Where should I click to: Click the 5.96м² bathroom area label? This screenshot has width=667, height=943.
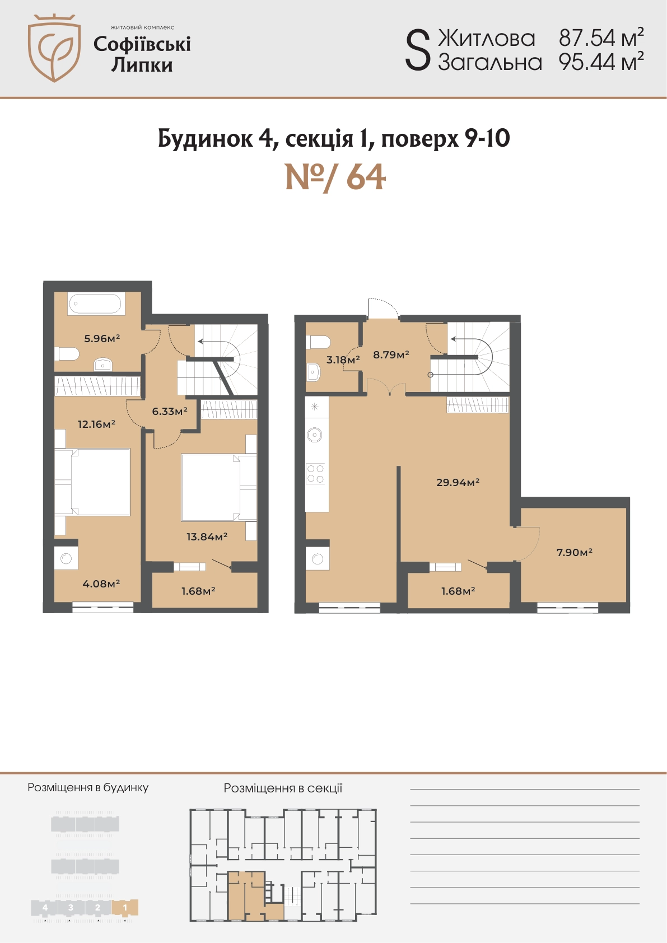pyautogui.click(x=102, y=338)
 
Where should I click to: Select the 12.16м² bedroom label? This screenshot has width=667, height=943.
pyautogui.click(x=96, y=424)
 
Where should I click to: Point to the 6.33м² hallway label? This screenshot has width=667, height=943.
pyautogui.click(x=170, y=411)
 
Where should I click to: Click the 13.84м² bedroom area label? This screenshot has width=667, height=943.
pyautogui.click(x=207, y=536)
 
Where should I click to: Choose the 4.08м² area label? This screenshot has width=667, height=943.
pyautogui.click(x=101, y=583)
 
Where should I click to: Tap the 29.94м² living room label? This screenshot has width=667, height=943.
pyautogui.click(x=458, y=482)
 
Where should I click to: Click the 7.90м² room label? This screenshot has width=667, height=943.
pyautogui.click(x=575, y=552)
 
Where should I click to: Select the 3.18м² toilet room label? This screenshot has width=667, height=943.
pyautogui.click(x=343, y=360)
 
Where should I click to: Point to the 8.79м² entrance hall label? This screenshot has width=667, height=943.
pyautogui.click(x=391, y=354)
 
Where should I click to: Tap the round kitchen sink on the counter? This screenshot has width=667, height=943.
pyautogui.click(x=315, y=435)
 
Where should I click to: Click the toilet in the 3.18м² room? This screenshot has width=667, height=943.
pyautogui.click(x=318, y=342)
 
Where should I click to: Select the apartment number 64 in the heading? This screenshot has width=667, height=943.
pyautogui.click(x=366, y=178)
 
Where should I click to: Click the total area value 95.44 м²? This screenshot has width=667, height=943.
pyautogui.click(x=601, y=62)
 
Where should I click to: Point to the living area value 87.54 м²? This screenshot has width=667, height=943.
pyautogui.click(x=601, y=38)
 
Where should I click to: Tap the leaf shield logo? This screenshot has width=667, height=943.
pyautogui.click(x=54, y=48)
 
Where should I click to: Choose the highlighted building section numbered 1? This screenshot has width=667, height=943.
pyautogui.click(x=125, y=908)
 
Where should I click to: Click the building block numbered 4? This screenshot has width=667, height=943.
pyautogui.click(x=45, y=908)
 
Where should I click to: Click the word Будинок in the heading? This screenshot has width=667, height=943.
pyautogui.click(x=205, y=138)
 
